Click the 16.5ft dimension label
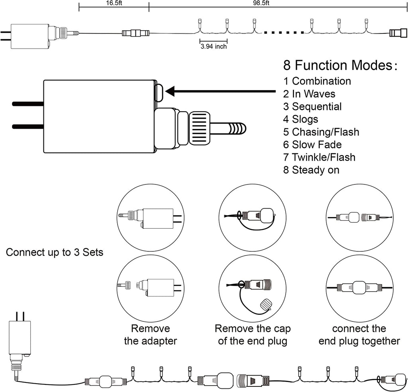coord(114,3)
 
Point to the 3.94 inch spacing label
coord(214,47)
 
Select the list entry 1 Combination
coord(317,81)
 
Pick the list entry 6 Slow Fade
coord(312,145)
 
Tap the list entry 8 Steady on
coord(311,170)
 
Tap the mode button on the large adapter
coord(159,92)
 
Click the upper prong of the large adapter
coord(28,104)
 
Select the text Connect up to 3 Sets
coord(55,253)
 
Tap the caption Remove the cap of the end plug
coord(253,335)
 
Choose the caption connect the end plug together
coord(359,335)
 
